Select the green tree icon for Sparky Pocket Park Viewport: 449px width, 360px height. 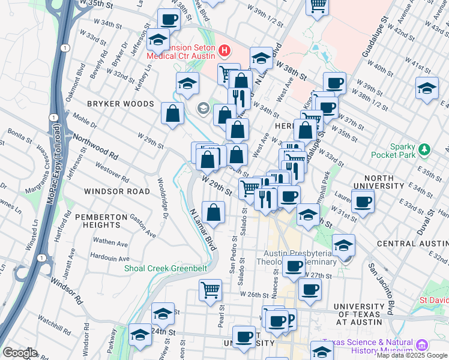[425, 148]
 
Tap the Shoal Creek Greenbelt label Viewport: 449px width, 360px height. [161, 268]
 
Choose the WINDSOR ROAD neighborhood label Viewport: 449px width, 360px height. [117, 191]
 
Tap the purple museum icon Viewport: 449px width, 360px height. [421, 346]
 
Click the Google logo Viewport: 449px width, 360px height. [20, 353]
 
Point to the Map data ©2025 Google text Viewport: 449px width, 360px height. [412, 355]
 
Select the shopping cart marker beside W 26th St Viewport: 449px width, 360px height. [211, 291]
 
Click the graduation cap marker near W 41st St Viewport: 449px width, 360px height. [427, 88]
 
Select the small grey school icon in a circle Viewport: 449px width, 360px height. [203, 109]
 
